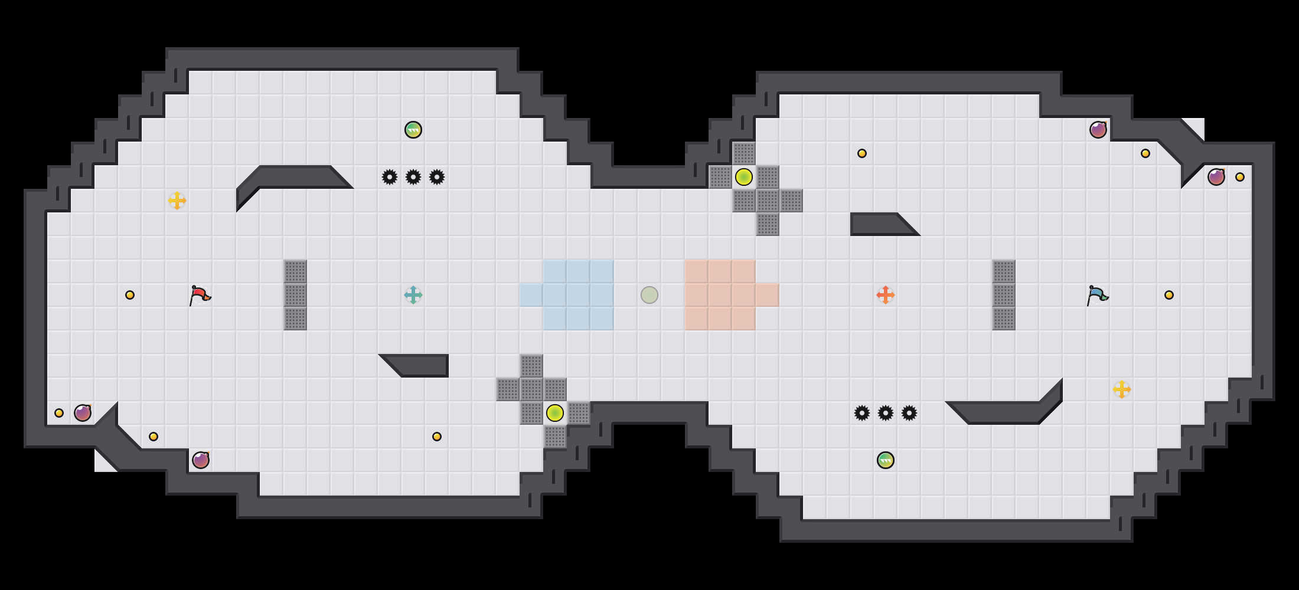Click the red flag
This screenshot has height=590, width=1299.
pyautogui.click(x=200, y=294)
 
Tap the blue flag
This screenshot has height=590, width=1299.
pyautogui.click(x=1097, y=294)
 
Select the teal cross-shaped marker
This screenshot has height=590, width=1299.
pyautogui.click(x=413, y=294)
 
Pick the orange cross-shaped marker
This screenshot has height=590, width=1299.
pyautogui.click(x=886, y=294)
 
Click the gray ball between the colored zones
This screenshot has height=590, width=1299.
pyautogui.click(x=649, y=294)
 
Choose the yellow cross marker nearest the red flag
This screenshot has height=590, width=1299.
pyautogui.click(x=177, y=201)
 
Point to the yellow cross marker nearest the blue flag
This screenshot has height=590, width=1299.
pyautogui.click(x=1122, y=389)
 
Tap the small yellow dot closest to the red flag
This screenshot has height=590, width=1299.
pyautogui.click(x=130, y=295)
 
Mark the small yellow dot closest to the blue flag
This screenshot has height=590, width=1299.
pyautogui.click(x=1169, y=295)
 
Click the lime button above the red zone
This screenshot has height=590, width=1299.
pyautogui.click(x=744, y=177)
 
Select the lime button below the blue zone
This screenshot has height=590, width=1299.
pyautogui.click(x=555, y=413)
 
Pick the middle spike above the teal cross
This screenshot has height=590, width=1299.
pyautogui.click(x=413, y=177)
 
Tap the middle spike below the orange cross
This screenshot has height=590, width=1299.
pyautogui.click(x=886, y=413)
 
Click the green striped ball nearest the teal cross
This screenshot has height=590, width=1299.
pyautogui.click(x=413, y=130)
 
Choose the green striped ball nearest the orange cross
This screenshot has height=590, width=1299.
pyautogui.click(x=886, y=460)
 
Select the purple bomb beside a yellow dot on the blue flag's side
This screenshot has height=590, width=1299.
pyautogui.click(x=1216, y=177)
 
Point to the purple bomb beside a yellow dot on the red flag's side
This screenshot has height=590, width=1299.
pyautogui.click(x=83, y=413)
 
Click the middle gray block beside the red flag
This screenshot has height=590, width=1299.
pyautogui.click(x=295, y=295)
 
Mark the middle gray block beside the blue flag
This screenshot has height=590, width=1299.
pyautogui.click(x=1004, y=295)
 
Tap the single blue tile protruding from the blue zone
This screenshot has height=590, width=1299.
pyautogui.click(x=531, y=295)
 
